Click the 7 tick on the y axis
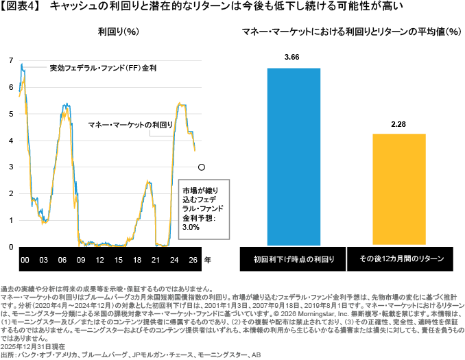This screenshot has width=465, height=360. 10,61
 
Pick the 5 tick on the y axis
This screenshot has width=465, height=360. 10,114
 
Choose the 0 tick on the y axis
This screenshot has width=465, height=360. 10,247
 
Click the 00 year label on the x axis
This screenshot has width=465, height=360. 24,261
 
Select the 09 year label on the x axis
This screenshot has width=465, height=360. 81,261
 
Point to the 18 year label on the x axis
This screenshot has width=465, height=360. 136,261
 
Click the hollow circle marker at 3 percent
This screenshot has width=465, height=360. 201,167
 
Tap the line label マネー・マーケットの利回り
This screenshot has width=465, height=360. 129,125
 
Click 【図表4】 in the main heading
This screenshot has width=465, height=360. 23,6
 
